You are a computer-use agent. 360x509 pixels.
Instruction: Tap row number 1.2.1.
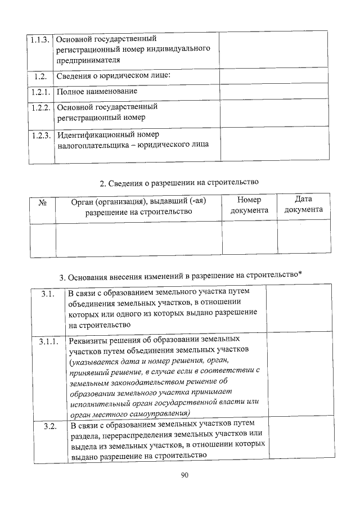click(41, 91)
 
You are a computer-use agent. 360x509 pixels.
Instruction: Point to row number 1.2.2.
click(41, 107)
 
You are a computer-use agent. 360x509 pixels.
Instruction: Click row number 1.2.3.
click(41, 136)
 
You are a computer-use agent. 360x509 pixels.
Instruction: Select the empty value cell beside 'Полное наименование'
click(272, 91)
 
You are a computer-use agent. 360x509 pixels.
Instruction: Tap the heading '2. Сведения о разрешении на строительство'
click(179, 182)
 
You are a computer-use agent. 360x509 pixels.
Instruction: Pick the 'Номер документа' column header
click(249, 205)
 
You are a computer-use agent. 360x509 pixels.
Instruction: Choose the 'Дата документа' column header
click(303, 205)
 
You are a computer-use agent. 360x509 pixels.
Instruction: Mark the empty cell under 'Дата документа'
click(303, 239)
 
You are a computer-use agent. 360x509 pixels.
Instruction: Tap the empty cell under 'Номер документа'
click(249, 239)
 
